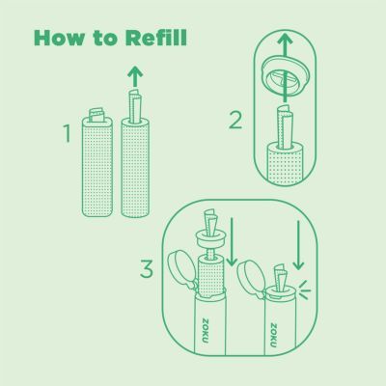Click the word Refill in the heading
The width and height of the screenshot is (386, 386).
pyautogui.click(x=156, y=38)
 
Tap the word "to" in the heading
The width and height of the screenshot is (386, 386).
pyautogui.click(x=106, y=39)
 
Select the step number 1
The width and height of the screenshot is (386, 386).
pyautogui.click(x=67, y=133)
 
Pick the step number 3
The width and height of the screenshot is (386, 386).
pyautogui.click(x=147, y=269)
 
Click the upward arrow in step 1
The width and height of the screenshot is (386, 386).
pyautogui.click(x=135, y=76)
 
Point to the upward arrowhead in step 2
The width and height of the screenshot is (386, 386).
pyautogui.click(x=285, y=39)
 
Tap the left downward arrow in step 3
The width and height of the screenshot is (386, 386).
pyautogui.click(x=232, y=242)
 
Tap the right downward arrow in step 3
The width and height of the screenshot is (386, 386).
pyautogui.click(x=298, y=245)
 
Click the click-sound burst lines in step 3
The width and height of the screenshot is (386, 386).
pyautogui.click(x=304, y=289)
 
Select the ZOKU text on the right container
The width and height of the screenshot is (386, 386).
pyautogui.click(x=273, y=335)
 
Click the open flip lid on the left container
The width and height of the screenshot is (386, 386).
pyautogui.click(x=182, y=269)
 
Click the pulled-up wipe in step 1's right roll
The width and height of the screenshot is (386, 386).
pyautogui.click(x=135, y=107)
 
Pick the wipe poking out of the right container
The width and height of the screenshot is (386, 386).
pyautogui.click(x=280, y=277)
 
